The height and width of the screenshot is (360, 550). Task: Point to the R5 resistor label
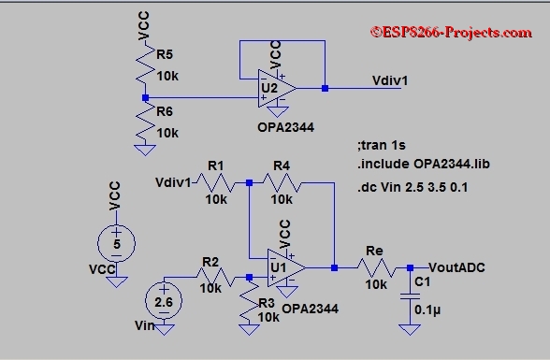(165, 54)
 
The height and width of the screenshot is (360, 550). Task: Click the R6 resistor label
(165, 111)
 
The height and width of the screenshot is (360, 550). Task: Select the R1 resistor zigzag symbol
(215, 183)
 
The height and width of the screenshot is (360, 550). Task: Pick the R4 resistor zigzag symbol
(282, 183)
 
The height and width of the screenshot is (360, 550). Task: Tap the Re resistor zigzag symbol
(376, 268)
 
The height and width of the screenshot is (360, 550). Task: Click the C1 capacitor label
(423, 281)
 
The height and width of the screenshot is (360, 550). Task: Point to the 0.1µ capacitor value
(427, 310)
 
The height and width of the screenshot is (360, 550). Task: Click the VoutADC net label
(456, 267)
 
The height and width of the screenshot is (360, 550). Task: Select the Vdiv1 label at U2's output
(390, 80)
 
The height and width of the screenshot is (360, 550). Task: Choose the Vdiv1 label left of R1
(173, 182)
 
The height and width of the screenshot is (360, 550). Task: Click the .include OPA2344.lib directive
(424, 164)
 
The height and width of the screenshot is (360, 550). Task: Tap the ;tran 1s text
(382, 145)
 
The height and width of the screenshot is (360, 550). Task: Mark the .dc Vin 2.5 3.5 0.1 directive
(412, 187)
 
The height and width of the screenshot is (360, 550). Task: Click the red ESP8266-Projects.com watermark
(451, 32)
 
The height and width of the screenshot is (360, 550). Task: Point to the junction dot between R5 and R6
(145, 98)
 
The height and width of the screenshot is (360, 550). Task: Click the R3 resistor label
(267, 303)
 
